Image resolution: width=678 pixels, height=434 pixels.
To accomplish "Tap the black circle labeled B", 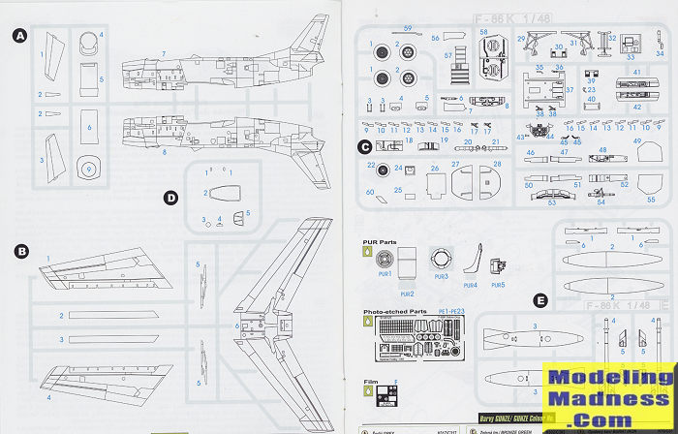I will [19, 250].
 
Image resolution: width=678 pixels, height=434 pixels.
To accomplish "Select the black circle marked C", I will [364, 147].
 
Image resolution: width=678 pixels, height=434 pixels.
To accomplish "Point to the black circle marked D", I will [170, 199].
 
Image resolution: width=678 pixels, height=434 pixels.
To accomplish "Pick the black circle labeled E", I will [539, 300].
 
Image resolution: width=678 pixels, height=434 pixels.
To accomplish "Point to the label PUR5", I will [498, 284].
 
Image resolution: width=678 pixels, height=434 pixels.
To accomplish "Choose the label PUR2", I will [408, 293].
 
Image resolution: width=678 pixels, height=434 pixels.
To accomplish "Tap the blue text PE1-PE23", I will [451, 312].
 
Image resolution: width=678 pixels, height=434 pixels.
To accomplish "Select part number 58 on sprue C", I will [484, 32].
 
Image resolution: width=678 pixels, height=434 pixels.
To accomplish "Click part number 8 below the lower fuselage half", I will [165, 152].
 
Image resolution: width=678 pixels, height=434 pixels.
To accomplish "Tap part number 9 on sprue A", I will [88, 167].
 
